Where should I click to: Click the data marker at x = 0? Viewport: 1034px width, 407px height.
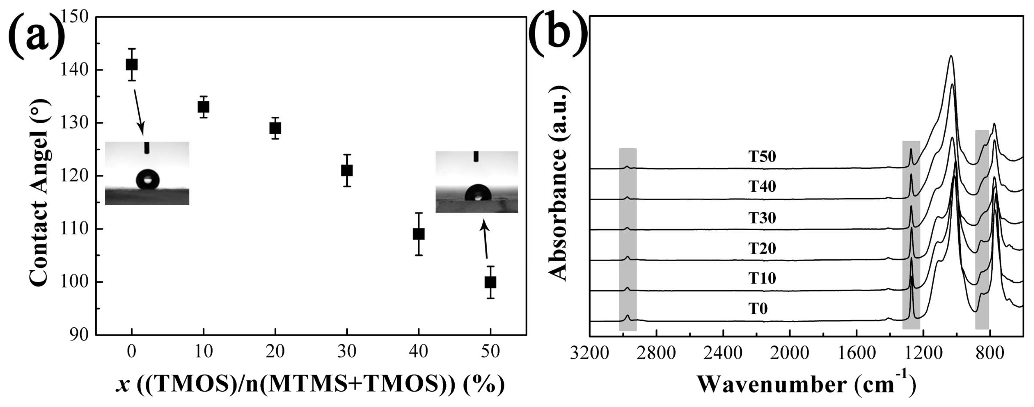pyautogui.click(x=132, y=64)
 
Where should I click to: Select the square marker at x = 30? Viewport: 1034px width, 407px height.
pyautogui.click(x=347, y=171)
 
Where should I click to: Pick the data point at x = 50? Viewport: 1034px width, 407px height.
pyautogui.click(x=490, y=282)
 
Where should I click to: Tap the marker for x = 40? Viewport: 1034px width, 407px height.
pyautogui.click(x=419, y=234)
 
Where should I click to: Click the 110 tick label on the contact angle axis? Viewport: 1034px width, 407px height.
pyautogui.click(x=75, y=229)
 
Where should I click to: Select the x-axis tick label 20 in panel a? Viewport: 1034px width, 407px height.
pyautogui.click(x=275, y=352)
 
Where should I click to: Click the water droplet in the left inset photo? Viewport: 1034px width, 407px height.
pyautogui.click(x=147, y=179)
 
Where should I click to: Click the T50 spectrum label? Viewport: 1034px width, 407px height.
pyautogui.click(x=762, y=157)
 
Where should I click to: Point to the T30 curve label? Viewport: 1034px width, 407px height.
pyautogui.click(x=762, y=218)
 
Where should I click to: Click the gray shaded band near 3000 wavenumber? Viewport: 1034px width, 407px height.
pyautogui.click(x=628, y=239)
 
